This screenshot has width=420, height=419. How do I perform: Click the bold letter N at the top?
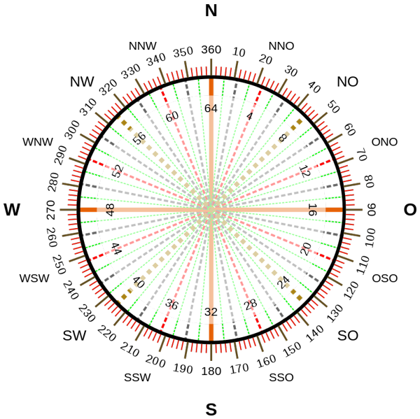click(x=211, y=11)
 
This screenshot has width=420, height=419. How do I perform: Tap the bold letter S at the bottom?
click(x=211, y=409)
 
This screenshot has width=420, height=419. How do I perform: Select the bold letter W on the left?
click(x=12, y=210)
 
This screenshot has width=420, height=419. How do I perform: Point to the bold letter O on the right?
click(x=409, y=210)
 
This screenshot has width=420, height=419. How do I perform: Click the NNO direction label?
click(x=281, y=46)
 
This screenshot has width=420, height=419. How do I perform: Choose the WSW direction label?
click(x=34, y=278)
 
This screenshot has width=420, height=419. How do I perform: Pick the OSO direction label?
click(x=384, y=278)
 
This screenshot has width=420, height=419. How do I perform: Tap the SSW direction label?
click(x=137, y=378)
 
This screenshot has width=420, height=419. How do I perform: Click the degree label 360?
click(x=211, y=50)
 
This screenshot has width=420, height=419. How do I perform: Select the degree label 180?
click(x=211, y=371)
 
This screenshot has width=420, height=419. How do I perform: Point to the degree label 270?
click(x=51, y=210)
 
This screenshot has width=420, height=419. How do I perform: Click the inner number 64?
click(x=211, y=108)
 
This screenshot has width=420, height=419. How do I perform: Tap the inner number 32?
click(x=211, y=312)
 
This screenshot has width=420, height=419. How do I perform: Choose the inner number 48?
click(x=110, y=210)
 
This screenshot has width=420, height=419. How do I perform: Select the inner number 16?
click(x=312, y=210)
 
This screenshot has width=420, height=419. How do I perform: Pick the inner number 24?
click(x=283, y=282)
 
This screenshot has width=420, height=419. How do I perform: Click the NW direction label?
click(x=82, y=81)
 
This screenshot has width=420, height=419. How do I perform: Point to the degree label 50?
click(x=333, y=107)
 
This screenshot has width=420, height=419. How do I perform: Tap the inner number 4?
click(x=249, y=116)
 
